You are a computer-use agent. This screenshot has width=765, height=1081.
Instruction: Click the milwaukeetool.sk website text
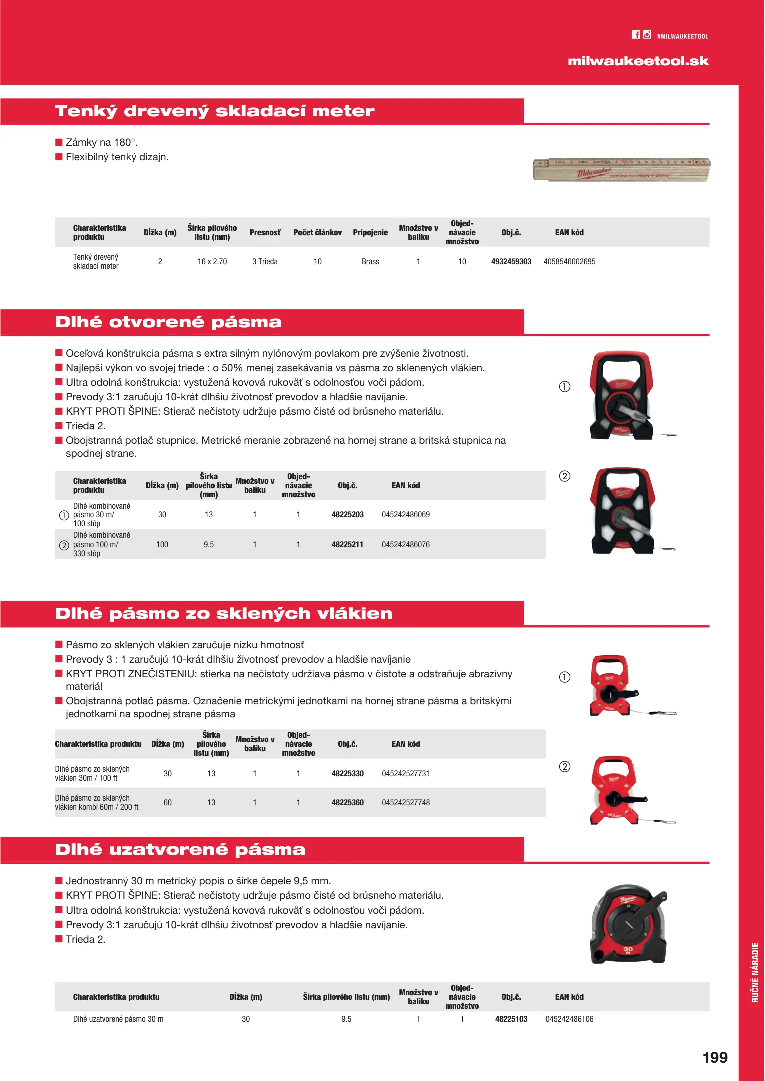pos(638,61)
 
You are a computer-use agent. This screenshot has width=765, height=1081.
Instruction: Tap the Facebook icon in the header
pos(636,35)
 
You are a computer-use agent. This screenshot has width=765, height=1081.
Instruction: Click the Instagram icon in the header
pos(647,35)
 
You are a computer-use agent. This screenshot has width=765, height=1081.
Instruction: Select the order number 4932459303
pos(511,261)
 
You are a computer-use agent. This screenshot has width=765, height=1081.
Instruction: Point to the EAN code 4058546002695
pos(569,261)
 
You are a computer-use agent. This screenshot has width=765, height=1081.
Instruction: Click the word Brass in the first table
pos(370,261)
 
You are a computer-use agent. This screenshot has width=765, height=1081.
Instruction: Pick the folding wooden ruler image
pos(621,170)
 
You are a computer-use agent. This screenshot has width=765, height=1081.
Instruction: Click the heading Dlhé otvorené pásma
pos(168,322)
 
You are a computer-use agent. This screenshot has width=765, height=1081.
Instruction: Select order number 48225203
pos(347,514)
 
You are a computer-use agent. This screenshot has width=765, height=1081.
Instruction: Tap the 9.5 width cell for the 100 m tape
pos(209,544)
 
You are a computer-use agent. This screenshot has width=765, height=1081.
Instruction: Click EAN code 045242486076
pos(405,544)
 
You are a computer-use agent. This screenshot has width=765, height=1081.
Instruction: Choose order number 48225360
pos(347,802)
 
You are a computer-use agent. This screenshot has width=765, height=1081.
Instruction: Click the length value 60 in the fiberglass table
pos(168,802)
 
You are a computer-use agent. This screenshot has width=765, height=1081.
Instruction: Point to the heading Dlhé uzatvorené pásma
pos(180,849)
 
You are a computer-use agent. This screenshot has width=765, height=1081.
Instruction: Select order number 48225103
pos(511,1019)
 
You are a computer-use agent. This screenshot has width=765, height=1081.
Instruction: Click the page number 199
pos(715,1057)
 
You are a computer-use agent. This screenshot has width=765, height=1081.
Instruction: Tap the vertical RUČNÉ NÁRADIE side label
pos(755,972)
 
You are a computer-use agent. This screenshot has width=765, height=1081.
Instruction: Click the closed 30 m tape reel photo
pos(629,924)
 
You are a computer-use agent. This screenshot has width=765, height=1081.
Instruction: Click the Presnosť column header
pos(265,232)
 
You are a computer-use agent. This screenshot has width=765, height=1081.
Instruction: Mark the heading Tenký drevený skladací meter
pos(214,111)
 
